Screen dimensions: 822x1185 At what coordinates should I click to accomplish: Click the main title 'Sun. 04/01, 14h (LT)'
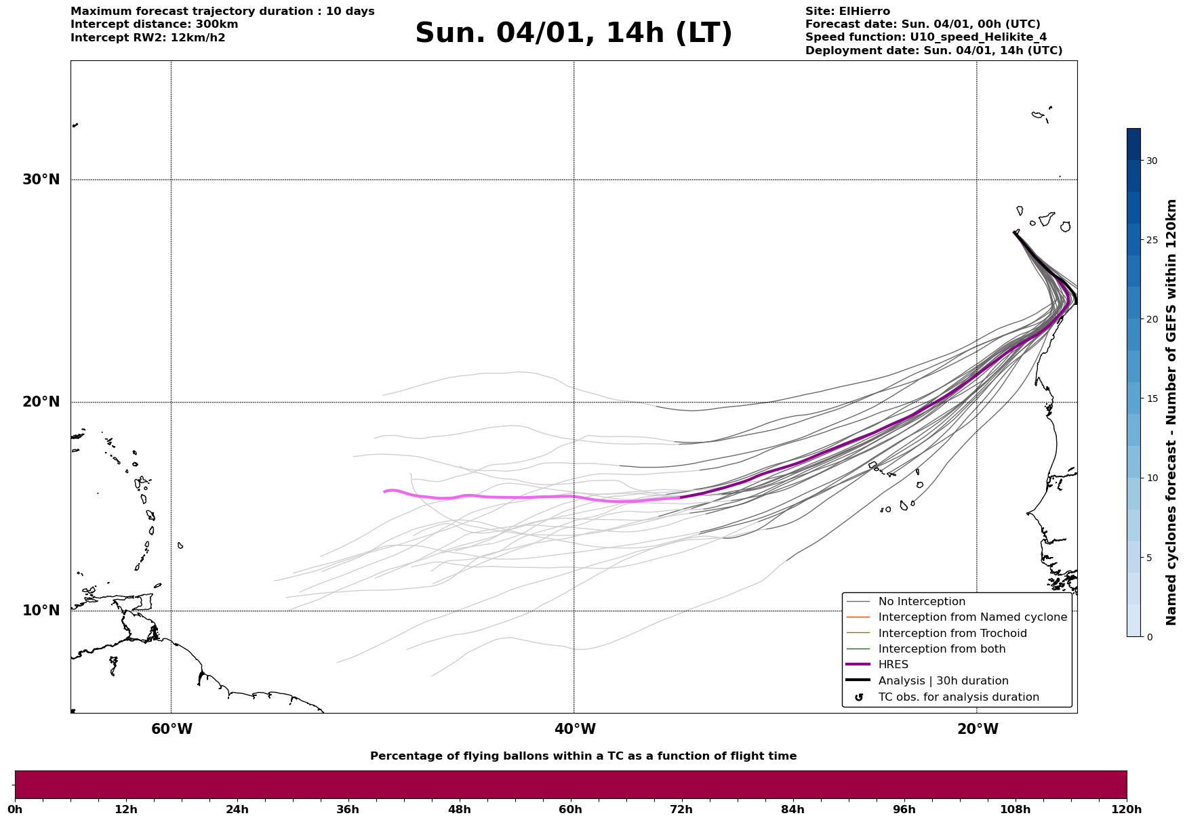[574, 33]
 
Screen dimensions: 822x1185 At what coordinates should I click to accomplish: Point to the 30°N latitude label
[41, 180]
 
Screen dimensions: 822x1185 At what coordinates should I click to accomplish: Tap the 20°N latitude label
[41, 402]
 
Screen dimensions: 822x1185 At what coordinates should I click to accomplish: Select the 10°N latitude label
[41, 611]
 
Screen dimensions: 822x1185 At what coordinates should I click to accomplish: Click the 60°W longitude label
[172, 729]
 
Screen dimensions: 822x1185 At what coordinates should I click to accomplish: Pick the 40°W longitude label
[575, 729]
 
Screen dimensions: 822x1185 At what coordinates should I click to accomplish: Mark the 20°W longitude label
[978, 729]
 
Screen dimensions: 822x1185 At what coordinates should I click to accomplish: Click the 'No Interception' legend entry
[921, 602]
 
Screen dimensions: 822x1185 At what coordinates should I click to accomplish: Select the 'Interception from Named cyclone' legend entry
[972, 617]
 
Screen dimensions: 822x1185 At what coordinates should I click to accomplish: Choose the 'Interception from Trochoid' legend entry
[952, 634]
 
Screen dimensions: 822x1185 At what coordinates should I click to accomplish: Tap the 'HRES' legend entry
[893, 665]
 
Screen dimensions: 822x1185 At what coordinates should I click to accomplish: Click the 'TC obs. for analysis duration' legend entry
[958, 697]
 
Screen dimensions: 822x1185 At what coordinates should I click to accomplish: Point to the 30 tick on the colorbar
[1151, 161]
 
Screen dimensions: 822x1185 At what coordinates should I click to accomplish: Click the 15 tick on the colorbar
[1151, 398]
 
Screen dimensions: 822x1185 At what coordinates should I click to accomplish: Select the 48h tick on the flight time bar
[459, 809]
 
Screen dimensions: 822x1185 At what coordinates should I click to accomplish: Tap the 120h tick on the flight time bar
[1127, 809]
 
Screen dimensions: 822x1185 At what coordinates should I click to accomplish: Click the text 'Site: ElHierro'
[847, 12]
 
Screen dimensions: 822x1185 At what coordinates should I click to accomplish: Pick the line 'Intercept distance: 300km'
[154, 24]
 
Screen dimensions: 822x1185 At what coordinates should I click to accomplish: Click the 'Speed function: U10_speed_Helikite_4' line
[925, 37]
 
